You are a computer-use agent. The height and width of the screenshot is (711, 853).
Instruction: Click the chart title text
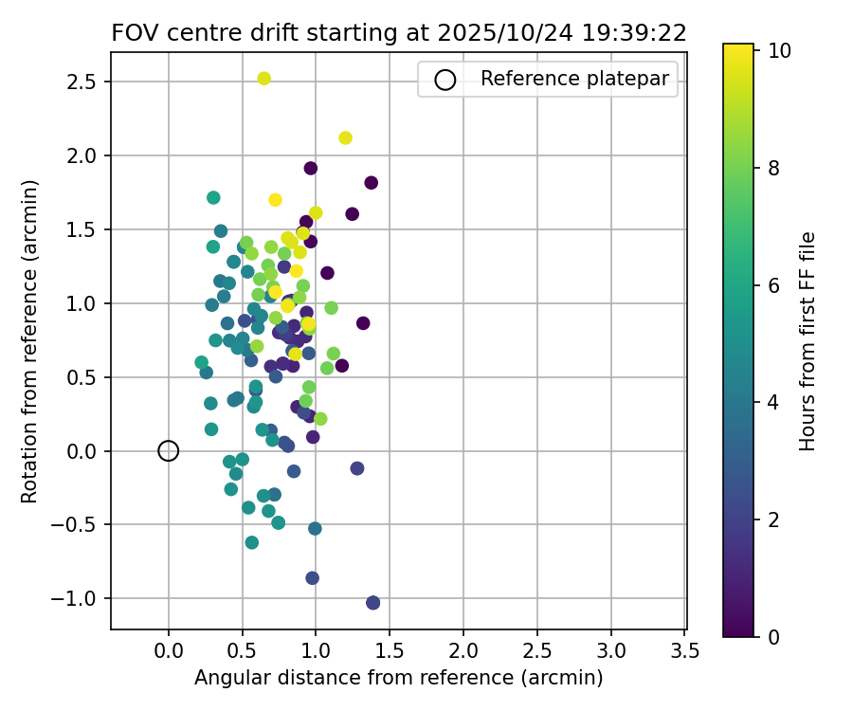pyautogui.click(x=399, y=32)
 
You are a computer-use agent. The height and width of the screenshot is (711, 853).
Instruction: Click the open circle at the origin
pyautogui.click(x=168, y=450)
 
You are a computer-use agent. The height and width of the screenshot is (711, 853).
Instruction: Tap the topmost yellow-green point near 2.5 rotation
pyautogui.click(x=264, y=79)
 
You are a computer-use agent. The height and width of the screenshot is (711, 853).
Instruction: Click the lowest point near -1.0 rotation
pyautogui.click(x=372, y=602)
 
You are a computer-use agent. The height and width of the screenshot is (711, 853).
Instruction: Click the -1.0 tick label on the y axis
pyautogui.click(x=79, y=599)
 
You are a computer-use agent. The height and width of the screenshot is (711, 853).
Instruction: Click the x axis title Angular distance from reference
pyautogui.click(x=398, y=678)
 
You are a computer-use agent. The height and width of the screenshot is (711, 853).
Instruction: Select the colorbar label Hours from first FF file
pyautogui.click(x=808, y=340)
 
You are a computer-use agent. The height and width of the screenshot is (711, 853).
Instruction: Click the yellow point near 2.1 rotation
pyautogui.click(x=345, y=137)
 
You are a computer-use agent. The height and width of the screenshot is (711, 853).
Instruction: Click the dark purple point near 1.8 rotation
pyautogui.click(x=371, y=183)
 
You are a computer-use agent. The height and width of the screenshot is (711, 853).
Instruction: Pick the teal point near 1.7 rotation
pyautogui.click(x=213, y=197)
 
